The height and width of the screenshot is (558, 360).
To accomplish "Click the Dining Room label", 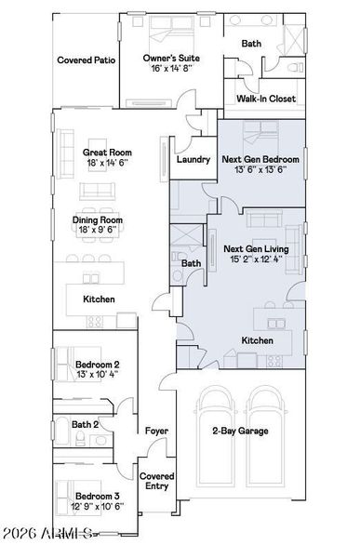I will [98, 220].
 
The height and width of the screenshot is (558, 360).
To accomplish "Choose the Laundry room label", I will [193, 159].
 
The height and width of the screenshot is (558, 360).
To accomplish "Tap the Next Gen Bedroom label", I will [259, 159].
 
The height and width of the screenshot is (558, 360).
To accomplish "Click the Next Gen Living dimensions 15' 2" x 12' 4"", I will [256, 261].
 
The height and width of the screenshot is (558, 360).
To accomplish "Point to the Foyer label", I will [155, 432].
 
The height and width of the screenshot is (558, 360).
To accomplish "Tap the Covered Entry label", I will [155, 481].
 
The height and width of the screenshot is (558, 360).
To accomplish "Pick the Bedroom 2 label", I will [98, 365].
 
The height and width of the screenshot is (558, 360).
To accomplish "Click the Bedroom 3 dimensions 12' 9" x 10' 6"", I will [98, 507].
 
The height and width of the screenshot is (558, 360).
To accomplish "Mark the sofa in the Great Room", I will [97, 191].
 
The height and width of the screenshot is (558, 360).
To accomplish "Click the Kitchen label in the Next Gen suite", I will [257, 341].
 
